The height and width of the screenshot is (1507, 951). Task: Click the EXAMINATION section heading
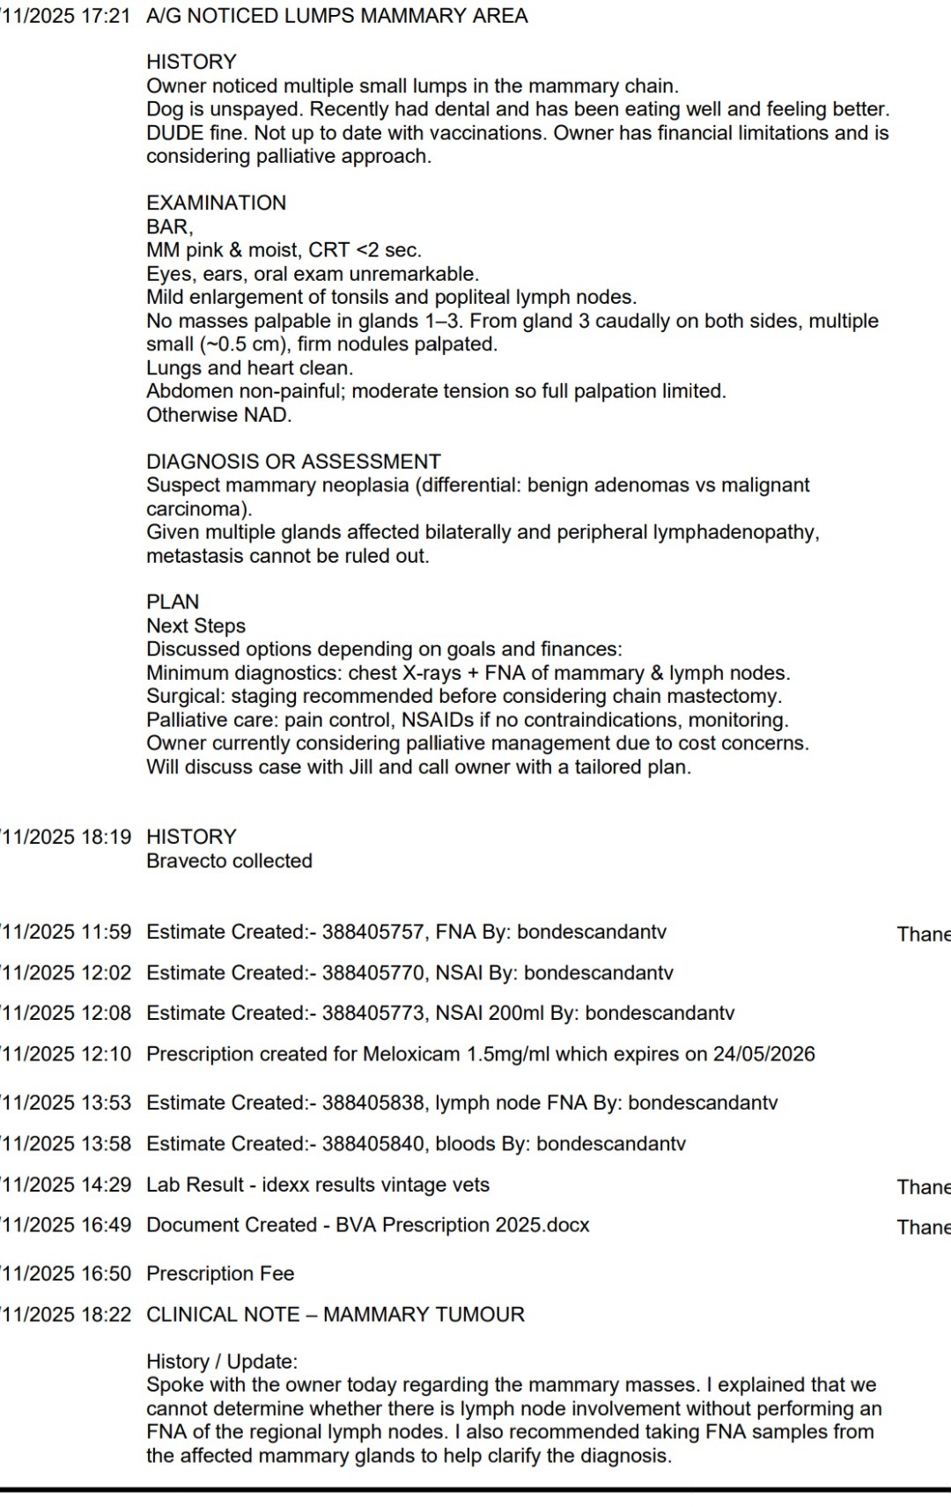point(216,203)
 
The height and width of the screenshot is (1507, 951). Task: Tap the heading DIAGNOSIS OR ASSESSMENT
point(293,462)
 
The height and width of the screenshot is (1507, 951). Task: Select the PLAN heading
point(173,602)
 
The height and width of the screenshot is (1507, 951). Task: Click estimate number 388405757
point(372,932)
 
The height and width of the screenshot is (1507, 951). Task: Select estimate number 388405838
point(372,1103)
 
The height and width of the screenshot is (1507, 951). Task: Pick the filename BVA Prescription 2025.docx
point(462,1225)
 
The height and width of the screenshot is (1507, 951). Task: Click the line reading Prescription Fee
point(220,1274)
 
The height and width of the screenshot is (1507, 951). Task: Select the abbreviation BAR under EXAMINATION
point(167,226)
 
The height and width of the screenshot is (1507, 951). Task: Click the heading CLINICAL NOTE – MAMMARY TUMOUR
point(335,1315)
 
